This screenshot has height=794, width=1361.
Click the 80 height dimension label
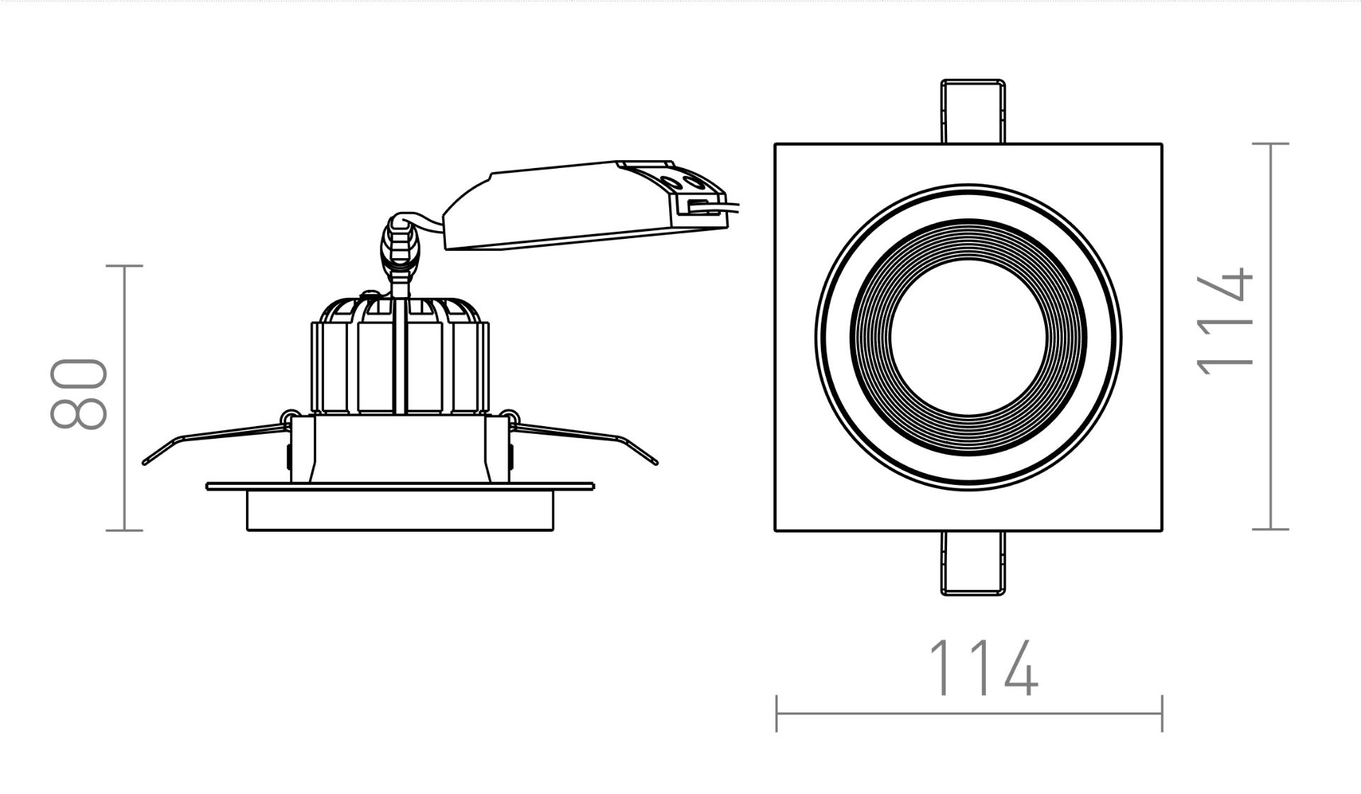(x=79, y=394)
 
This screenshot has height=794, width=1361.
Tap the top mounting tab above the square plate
(x=973, y=111)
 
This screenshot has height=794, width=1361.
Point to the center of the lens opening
(x=968, y=338)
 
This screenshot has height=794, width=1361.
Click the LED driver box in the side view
(x=585, y=206)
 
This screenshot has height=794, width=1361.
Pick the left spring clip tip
(x=145, y=462)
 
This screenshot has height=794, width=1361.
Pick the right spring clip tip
(x=655, y=462)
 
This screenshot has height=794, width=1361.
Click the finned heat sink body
(x=400, y=354)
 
